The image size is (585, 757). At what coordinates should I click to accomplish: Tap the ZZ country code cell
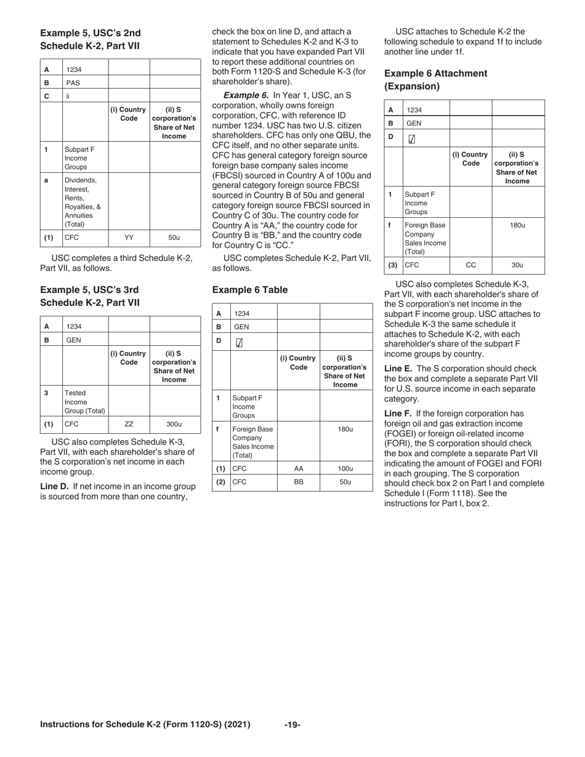tap(129, 424)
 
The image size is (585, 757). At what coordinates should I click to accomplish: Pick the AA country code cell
tap(299, 468)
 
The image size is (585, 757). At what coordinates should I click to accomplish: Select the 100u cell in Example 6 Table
tap(345, 468)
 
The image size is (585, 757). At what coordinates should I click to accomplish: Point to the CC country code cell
tap(470, 265)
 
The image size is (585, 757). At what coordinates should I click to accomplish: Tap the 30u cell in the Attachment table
tap(517, 265)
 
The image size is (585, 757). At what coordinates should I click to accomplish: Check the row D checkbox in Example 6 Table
tap(240, 343)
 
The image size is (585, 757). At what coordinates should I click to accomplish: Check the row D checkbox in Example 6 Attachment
tap(411, 140)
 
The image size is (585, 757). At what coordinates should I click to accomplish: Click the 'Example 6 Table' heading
tap(249, 289)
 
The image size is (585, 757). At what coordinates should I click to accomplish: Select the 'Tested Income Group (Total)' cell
tap(85, 402)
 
